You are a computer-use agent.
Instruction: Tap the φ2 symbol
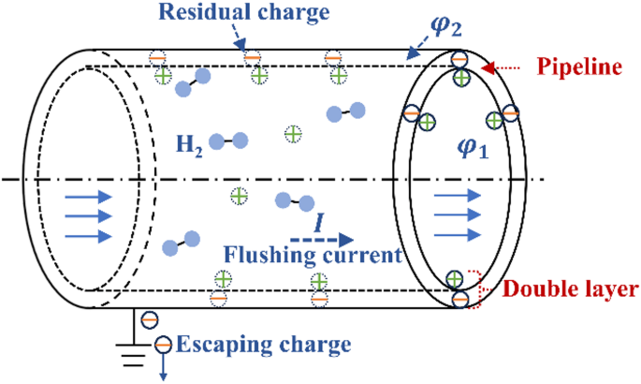click(x=441, y=20)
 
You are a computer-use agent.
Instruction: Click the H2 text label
click(x=188, y=143)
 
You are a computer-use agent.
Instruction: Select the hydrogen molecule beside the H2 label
click(x=228, y=141)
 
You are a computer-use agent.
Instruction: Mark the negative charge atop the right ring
click(x=459, y=60)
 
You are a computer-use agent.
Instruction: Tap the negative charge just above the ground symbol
click(x=150, y=320)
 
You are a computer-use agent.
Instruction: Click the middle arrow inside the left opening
click(x=90, y=216)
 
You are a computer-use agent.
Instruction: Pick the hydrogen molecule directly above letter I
click(x=291, y=201)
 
